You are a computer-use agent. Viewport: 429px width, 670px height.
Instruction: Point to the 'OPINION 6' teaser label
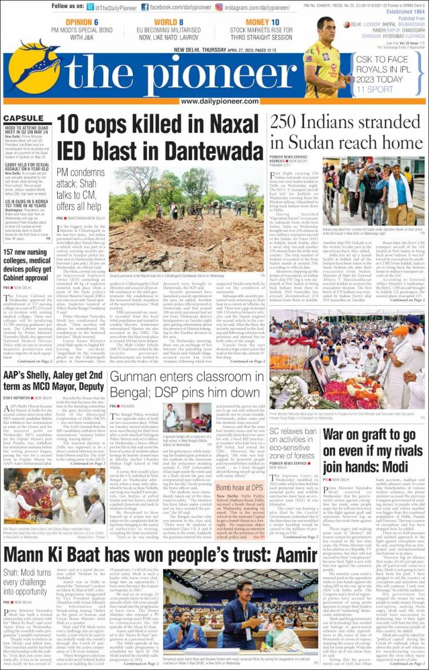click(x=82, y=22)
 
